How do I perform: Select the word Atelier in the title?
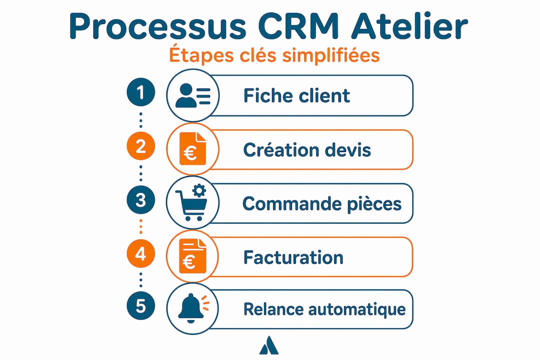[409, 26]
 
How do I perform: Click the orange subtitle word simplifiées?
[331, 55]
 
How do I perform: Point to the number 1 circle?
[140, 92]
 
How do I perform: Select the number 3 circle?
[140, 200]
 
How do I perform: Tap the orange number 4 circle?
[140, 253]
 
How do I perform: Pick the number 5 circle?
[140, 305]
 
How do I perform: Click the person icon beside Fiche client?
[192, 95]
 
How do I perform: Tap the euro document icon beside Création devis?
[192, 149]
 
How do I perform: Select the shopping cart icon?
[190, 205]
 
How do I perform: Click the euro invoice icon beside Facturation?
[192, 256]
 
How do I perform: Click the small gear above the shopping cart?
[199, 190]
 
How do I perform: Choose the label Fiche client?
[296, 95]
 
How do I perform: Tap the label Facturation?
[293, 257]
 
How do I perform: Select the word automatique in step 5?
[357, 309]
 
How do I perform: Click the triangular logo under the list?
[269, 345]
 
